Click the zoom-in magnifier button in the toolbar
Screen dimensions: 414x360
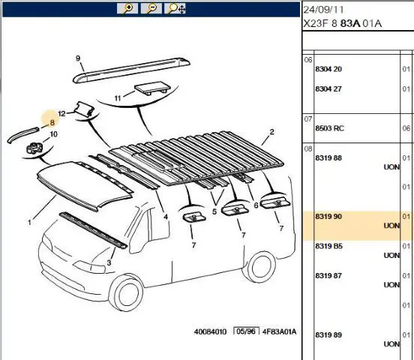point(127,8)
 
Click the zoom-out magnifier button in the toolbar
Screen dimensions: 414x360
point(151,8)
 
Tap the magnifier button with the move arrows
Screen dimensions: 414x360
point(175,8)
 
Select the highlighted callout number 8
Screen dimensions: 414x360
point(52,122)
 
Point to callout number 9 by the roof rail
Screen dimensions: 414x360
point(78,58)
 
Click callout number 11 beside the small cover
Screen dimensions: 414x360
point(118,98)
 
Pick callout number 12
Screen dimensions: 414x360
point(61,113)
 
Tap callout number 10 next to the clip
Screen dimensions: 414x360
point(53,134)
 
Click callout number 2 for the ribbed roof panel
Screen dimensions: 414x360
point(272,132)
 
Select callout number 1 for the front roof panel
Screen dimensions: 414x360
point(29,223)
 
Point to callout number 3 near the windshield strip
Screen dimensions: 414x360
point(109,262)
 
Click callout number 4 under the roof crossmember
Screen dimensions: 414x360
point(166,217)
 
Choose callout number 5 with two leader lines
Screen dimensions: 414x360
point(214,211)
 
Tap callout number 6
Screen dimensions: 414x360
point(256,205)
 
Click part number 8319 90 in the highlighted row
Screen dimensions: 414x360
point(328,217)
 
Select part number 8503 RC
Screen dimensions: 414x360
point(329,128)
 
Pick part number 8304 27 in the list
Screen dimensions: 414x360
point(328,89)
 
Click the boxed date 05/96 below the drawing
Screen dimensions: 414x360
point(246,331)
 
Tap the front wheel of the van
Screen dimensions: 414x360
point(127,292)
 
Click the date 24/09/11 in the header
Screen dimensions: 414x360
point(323,10)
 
